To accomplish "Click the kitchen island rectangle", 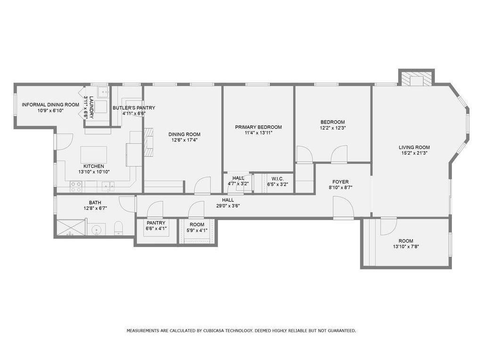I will click(x=94, y=155).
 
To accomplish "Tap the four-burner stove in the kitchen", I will click(x=76, y=187).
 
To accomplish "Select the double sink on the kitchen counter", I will click(x=109, y=187).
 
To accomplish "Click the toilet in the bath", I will click(x=118, y=229).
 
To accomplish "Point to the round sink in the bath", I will click(x=97, y=230).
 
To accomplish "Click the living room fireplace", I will click(x=416, y=79).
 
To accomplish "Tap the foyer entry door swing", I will click(x=342, y=207).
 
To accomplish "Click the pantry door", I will click(x=155, y=209).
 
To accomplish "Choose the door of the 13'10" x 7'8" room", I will click(x=389, y=226).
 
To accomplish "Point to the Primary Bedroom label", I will click(x=258, y=127).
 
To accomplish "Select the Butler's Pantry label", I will click(x=133, y=108).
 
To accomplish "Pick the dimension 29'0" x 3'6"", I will click(x=228, y=206).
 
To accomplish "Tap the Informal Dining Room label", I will click(x=50, y=105).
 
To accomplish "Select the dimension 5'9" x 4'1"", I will click(x=197, y=230).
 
